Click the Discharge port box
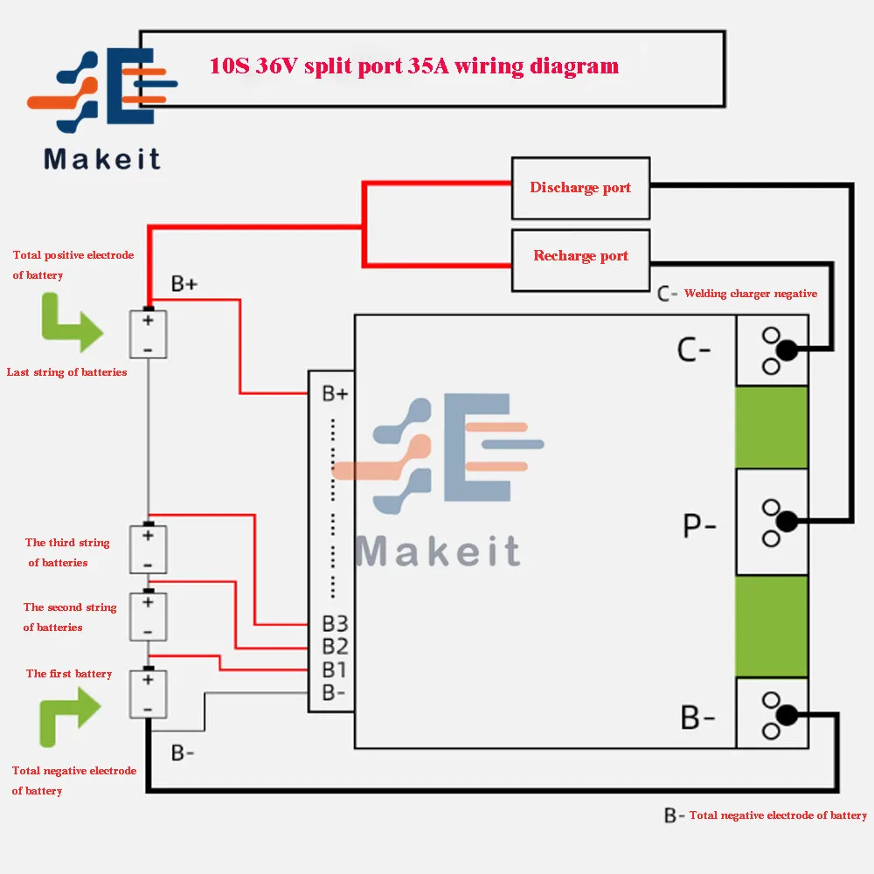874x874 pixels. click(x=580, y=188)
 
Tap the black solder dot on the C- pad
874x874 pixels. click(x=787, y=350)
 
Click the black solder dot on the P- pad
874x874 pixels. click(x=787, y=522)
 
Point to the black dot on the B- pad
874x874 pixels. click(x=787, y=714)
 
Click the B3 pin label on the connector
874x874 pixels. click(x=335, y=624)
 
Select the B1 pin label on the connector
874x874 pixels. click(x=335, y=670)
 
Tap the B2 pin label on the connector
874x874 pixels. click(x=335, y=647)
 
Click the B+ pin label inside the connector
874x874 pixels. click(x=335, y=394)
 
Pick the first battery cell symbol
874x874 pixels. click(x=148, y=693)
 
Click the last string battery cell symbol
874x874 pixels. click(x=148, y=334)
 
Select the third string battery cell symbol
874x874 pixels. click(x=148, y=549)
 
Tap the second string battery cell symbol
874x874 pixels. click(x=148, y=616)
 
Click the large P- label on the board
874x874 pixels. click(x=698, y=527)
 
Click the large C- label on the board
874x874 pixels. click(x=694, y=350)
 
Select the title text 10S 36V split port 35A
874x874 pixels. click(x=413, y=66)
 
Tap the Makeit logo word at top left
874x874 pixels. click(x=102, y=159)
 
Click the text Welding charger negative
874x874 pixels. click(x=750, y=294)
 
